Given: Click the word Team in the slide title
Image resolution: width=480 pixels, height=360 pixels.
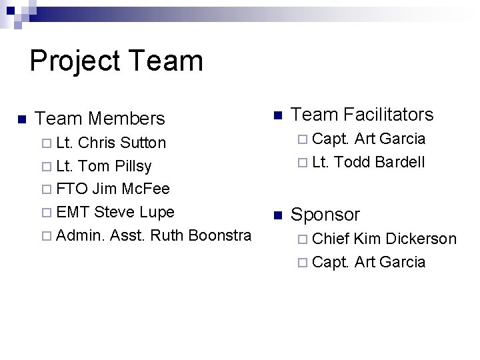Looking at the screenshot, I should [166, 60].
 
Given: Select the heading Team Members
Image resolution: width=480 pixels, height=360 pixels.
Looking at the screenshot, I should [99, 119].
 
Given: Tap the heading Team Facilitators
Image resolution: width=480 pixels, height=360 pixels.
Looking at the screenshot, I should [362, 115].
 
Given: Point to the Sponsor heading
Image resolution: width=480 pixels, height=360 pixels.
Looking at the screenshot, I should [325, 215].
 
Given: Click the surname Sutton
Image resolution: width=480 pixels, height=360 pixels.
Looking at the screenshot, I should [143, 143].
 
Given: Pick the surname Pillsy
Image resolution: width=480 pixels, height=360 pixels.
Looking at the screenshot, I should [133, 166].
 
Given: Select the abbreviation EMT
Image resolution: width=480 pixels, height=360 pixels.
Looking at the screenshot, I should [73, 212].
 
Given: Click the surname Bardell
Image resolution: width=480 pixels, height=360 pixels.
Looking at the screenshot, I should [399, 162].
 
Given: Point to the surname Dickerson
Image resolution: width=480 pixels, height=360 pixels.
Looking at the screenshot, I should [421, 239].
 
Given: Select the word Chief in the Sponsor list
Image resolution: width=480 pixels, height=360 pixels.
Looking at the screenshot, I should [331, 239].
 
